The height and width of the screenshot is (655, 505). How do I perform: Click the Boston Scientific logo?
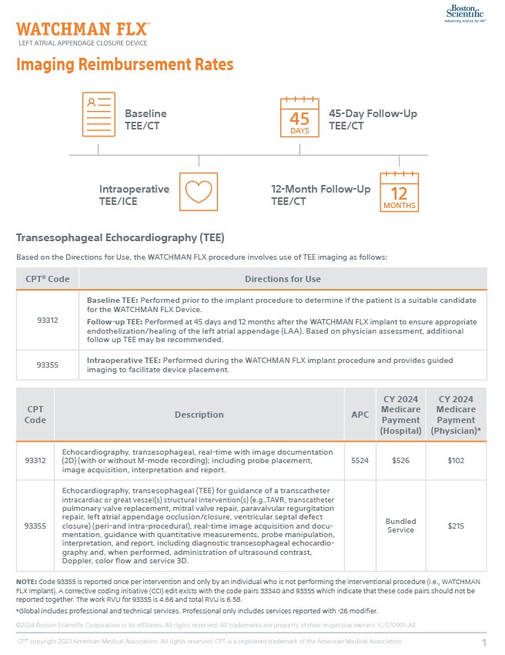(x=464, y=13)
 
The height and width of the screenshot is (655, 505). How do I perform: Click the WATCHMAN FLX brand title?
(x=82, y=30)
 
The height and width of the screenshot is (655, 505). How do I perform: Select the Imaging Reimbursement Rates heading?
(x=125, y=65)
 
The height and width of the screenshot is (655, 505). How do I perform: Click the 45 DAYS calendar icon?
(x=299, y=118)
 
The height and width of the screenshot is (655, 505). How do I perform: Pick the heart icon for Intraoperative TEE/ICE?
(x=198, y=191)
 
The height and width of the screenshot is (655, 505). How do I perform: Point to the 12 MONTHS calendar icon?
(x=400, y=192)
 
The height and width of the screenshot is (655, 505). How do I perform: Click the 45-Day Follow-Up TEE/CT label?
(x=373, y=119)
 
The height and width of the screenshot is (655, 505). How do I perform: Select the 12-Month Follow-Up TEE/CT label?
(x=320, y=195)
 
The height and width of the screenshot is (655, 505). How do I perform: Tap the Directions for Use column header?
(x=283, y=278)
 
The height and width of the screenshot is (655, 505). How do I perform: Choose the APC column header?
(x=360, y=415)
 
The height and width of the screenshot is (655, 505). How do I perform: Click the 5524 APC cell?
(x=360, y=460)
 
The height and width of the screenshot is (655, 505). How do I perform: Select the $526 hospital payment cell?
(x=400, y=460)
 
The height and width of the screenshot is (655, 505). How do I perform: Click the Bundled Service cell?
(x=400, y=526)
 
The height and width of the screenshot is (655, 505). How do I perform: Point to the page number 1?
(x=484, y=643)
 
